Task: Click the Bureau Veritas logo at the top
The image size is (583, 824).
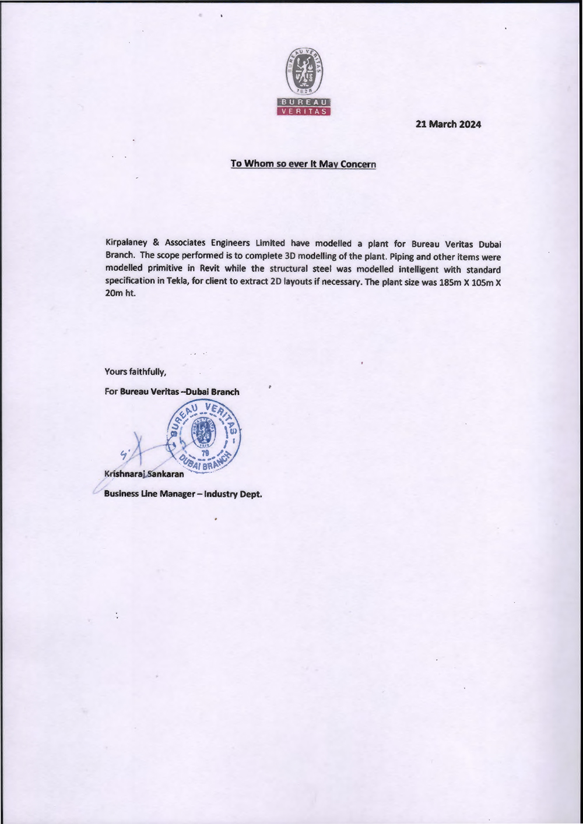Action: [304, 82]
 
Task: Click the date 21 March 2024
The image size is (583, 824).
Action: [448, 124]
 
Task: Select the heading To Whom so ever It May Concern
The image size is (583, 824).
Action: [303, 164]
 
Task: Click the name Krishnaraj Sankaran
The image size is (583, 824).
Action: [144, 474]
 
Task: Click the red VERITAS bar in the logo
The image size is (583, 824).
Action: [304, 111]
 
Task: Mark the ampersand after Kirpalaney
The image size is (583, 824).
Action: [156, 243]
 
